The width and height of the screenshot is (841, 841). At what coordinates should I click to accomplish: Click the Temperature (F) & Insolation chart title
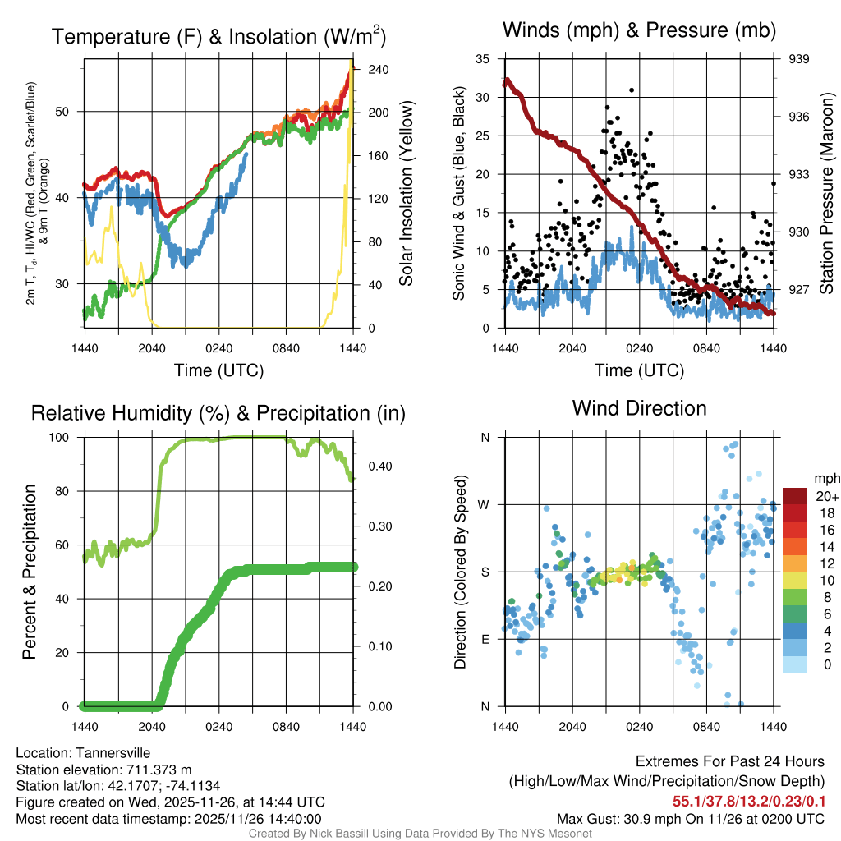click(x=218, y=36)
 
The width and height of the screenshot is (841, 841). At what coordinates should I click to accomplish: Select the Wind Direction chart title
click(x=639, y=408)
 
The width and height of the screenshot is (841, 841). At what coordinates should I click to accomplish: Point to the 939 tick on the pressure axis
click(x=800, y=58)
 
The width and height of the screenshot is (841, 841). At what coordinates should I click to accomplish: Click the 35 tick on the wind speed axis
click(x=483, y=58)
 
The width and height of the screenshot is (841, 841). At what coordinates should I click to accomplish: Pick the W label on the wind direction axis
click(x=485, y=504)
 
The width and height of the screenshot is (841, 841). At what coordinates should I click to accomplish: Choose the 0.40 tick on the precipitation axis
click(x=378, y=466)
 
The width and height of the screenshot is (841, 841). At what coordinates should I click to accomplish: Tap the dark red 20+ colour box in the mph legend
click(x=795, y=496)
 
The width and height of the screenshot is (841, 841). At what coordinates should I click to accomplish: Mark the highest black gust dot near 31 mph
click(x=632, y=90)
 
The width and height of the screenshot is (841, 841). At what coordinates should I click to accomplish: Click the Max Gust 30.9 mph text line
click(x=690, y=818)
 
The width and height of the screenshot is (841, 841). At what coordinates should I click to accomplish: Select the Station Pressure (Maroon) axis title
click(x=826, y=195)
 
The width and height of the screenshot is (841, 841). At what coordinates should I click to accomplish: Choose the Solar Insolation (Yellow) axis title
click(x=406, y=194)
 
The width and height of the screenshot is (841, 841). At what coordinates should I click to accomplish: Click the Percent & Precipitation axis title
click(x=30, y=572)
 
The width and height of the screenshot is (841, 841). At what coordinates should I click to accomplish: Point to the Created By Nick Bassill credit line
click(x=420, y=833)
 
